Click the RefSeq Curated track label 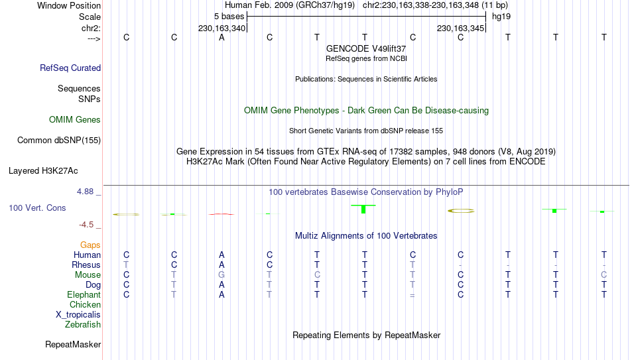(70, 68)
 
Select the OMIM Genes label (75, 120)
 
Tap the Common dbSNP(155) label (59, 141)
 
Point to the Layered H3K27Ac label (43, 171)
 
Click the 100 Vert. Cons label (37, 208)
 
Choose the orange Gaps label (90, 245)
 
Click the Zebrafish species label (83, 324)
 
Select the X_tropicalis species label (78, 315)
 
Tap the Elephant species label (84, 294)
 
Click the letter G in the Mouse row (221, 275)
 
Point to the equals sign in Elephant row (412, 295)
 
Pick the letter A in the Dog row (221, 285)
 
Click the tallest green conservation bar (363, 209)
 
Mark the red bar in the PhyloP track (221, 214)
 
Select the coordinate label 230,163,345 (460, 28)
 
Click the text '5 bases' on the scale (229, 17)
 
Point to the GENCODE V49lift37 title (366, 48)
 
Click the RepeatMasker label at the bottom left (73, 344)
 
